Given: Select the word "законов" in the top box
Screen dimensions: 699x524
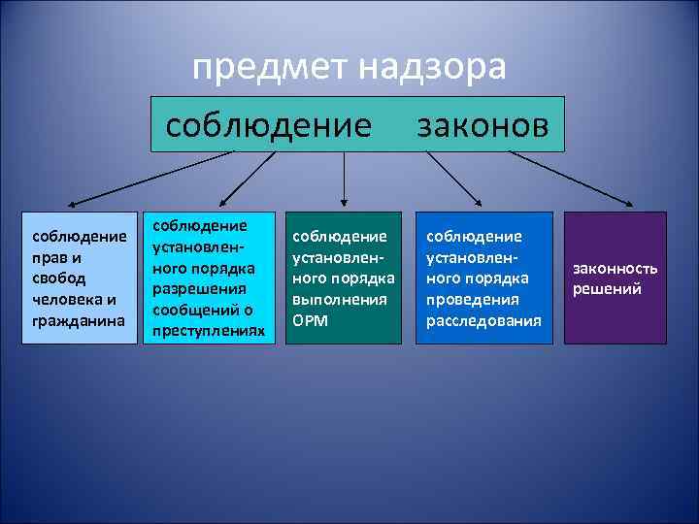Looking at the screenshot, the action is coord(483,124).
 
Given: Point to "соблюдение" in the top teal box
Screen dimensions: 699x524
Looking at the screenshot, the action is coord(269,124).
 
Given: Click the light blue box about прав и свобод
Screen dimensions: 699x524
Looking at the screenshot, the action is coord(81,278).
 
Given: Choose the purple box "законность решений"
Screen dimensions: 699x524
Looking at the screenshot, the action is coord(616,278).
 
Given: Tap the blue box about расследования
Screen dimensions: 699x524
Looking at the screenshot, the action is coord(483,278).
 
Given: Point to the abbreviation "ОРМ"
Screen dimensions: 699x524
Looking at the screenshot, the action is coord(309,320).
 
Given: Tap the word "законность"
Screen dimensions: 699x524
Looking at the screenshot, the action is coord(616,268).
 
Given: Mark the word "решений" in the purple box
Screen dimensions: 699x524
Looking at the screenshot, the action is coord(607,288).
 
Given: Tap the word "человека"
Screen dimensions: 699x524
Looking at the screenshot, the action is coord(71,299).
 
